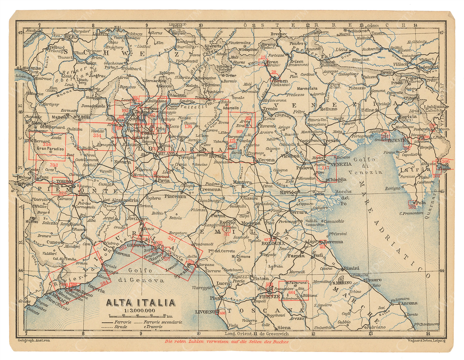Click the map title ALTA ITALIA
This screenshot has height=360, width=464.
pyautogui.click(x=141, y=302)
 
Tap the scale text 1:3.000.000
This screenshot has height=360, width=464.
pyautogui.click(x=140, y=310)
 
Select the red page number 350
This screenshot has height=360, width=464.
pyautogui.click(x=47, y=144)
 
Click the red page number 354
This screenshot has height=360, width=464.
pyautogui.click(x=97, y=136)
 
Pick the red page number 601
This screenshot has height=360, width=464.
pyautogui.click(x=291, y=292)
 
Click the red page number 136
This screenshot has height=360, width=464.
pyautogui.click(x=188, y=126)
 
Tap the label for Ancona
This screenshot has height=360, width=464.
pyautogui.click(x=409, y=303)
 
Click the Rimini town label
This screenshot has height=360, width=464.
pyautogui.click(x=351, y=268)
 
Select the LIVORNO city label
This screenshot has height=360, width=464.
pyautogui.click(x=205, y=312)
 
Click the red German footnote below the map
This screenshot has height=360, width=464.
pyautogui.click(x=226, y=342)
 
